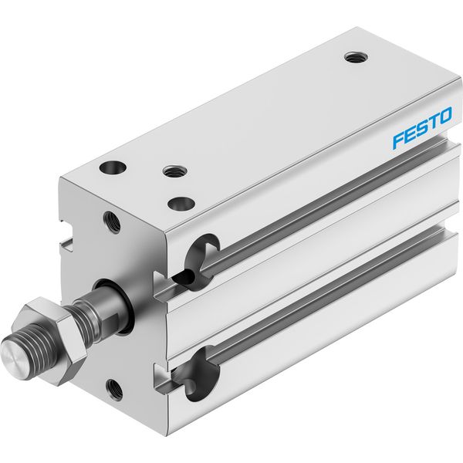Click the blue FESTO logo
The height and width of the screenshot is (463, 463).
(x=422, y=128)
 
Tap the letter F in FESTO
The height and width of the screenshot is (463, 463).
(x=398, y=140)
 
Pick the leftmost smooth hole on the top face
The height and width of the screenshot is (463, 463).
(x=113, y=167)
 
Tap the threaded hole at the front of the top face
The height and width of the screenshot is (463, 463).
(x=176, y=171)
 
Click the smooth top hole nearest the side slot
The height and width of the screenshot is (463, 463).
(x=181, y=204)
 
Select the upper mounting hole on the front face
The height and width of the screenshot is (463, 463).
(x=112, y=222)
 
